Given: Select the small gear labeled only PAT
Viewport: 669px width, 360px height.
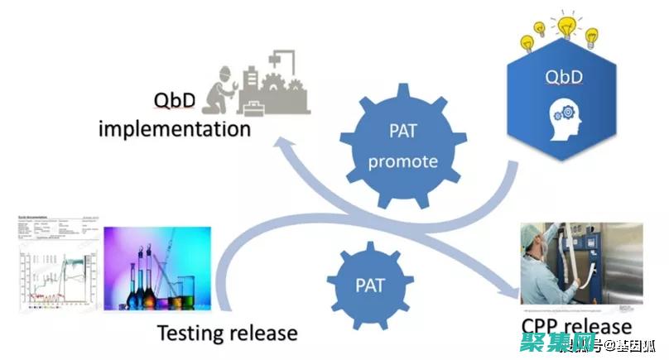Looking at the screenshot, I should pyautogui.click(x=370, y=285).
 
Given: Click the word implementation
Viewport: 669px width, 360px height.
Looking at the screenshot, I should pyautogui.click(x=175, y=129).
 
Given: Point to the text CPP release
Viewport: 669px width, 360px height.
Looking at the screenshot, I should pyautogui.click(x=576, y=326).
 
